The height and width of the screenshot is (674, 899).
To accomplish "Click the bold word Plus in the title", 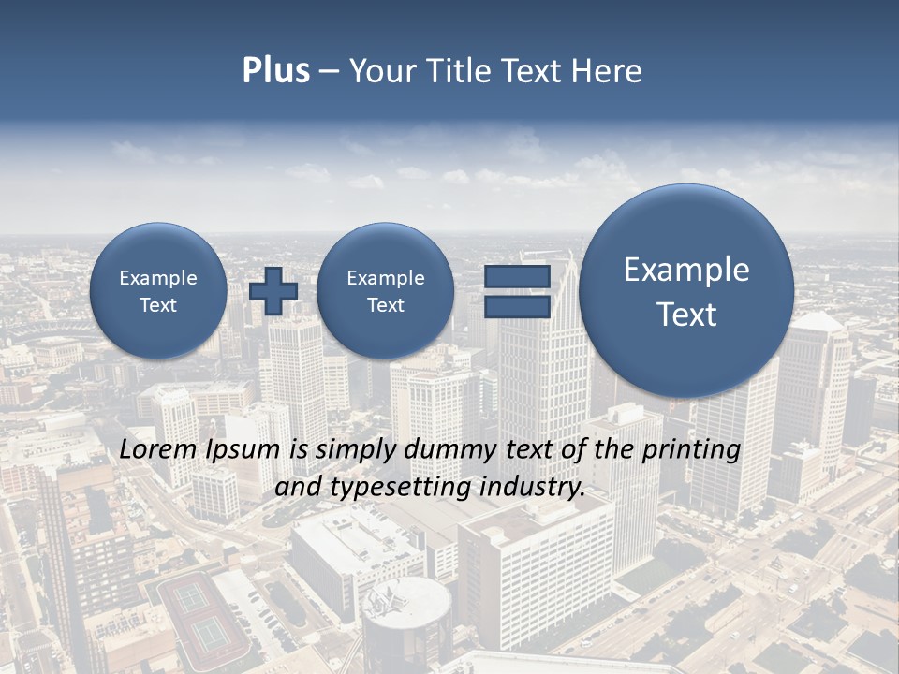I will tap(275, 71).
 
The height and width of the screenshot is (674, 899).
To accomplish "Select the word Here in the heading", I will tap(608, 71).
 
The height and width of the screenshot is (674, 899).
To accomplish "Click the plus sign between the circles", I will tap(273, 290).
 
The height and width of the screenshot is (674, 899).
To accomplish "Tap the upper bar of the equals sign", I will tap(517, 276).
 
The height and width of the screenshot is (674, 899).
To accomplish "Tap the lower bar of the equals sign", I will tap(517, 307).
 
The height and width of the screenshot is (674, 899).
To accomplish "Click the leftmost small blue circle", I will tap(158, 290).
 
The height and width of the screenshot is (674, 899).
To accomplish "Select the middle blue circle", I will tap(385, 290).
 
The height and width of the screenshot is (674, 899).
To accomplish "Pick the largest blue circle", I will tap(686, 290).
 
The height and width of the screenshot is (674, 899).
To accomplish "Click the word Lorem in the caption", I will tap(160, 449).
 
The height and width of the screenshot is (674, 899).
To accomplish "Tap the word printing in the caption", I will tap(692, 450).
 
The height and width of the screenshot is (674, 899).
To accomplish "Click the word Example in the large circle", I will tap(686, 270).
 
